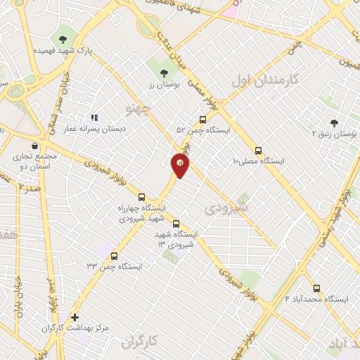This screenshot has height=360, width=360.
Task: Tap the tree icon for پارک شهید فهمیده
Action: click(63, 39)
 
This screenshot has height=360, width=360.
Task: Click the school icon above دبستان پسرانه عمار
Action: click(94, 118)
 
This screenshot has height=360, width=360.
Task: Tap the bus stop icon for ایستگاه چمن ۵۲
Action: click(202, 119)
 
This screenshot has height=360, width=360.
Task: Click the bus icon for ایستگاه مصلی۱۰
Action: click(258, 150)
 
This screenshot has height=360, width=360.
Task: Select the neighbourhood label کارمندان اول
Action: click(264, 80)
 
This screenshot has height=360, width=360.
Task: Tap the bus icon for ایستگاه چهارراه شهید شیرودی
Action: click(142, 197)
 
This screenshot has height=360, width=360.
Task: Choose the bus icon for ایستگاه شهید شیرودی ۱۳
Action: click(175, 223)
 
